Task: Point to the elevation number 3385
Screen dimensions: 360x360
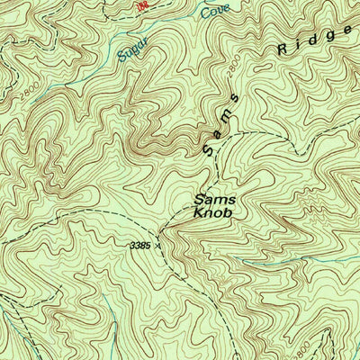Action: click(139, 243)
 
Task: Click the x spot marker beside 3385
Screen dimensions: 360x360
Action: click(159, 243)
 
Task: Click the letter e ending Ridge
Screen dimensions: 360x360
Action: click(347, 30)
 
